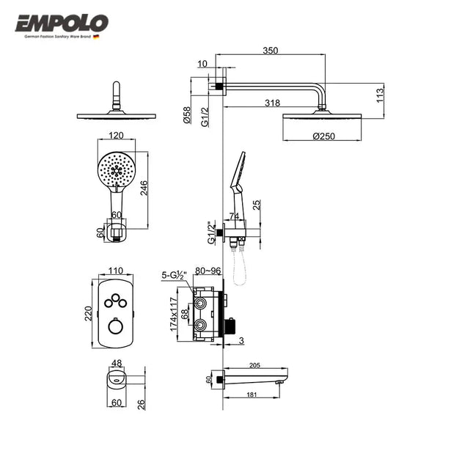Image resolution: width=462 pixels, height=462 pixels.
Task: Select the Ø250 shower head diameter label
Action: pos(323,136)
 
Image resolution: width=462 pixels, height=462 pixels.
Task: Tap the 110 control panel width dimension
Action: pos(114,271)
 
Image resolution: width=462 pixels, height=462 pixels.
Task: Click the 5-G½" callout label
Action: pos(176,276)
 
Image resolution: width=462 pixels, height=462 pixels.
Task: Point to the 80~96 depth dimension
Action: pos(208,271)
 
